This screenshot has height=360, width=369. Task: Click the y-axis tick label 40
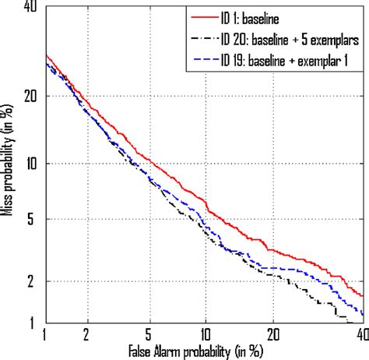pos(33,7)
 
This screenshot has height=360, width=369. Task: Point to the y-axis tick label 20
pos(33,96)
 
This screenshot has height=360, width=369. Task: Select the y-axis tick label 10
pos(33,164)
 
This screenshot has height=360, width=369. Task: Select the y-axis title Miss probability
pos(10,164)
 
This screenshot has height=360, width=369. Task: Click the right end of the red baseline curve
pos(363,296)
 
